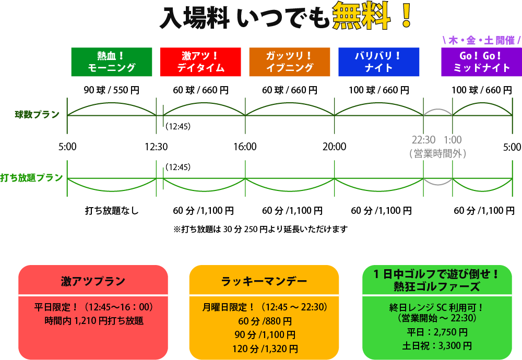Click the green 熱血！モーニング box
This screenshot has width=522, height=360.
[112, 62]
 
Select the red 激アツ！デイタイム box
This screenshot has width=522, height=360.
[200, 62]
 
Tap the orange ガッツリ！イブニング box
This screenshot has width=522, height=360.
[290, 62]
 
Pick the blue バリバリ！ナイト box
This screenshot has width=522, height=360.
[378, 62]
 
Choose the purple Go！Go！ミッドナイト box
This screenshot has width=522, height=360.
[481, 62]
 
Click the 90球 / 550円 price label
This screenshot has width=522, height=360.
[112, 90]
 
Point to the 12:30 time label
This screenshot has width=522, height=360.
[156, 147]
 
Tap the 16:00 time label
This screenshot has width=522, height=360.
[245, 147]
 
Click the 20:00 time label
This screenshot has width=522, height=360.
[334, 147]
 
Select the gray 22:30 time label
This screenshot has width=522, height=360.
[423, 140]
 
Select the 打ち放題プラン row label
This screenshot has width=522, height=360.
[32, 177]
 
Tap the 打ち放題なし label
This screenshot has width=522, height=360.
[112, 211]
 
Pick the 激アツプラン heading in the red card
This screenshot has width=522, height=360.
[93, 281]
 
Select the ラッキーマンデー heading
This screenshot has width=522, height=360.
[264, 281]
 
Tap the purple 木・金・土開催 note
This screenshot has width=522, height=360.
[481, 40]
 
